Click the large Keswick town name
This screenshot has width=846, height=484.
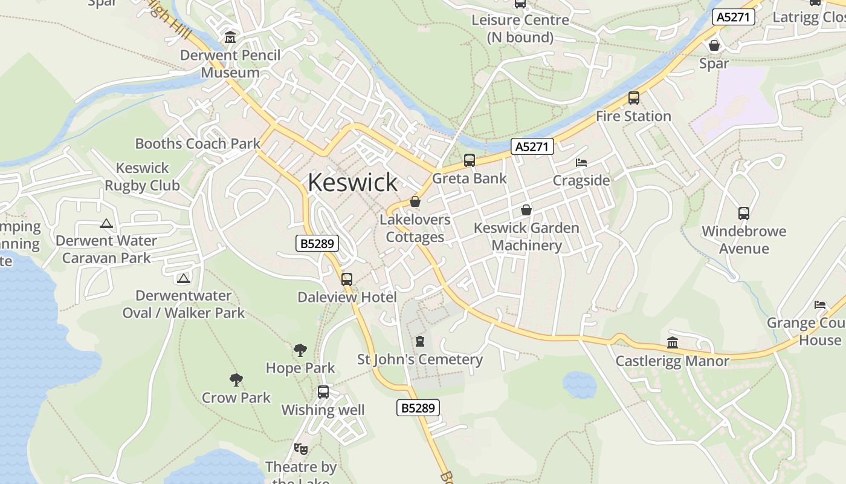point(352,182)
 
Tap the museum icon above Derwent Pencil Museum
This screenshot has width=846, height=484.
point(230,38)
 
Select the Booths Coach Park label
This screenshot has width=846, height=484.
point(198,143)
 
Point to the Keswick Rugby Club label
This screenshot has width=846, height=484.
point(143,177)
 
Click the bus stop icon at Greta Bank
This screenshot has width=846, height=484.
point(470,160)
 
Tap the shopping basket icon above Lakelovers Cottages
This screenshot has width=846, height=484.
point(415,201)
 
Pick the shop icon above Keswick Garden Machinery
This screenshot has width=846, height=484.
point(526,210)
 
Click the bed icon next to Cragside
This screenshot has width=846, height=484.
point(581,163)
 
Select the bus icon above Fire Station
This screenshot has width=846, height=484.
point(633,98)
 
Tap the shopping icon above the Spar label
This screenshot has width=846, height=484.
point(714,45)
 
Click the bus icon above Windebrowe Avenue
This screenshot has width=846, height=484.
point(744,214)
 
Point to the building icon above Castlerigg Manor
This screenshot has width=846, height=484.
point(673,343)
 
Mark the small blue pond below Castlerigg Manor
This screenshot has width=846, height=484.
point(579,385)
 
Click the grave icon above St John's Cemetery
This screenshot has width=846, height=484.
point(420,342)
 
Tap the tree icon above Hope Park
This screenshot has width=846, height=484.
point(300,350)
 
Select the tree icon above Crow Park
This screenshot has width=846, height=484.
point(236,380)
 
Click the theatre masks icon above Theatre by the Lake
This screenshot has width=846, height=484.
point(301,449)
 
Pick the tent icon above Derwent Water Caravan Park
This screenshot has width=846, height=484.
point(106,223)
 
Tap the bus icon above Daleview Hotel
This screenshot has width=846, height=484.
point(347,280)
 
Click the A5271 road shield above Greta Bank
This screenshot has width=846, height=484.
point(532,146)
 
